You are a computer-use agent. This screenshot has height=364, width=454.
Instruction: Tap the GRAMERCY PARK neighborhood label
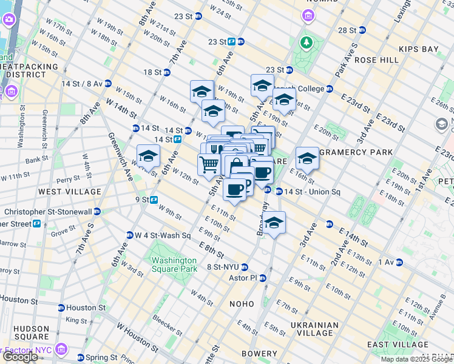pos(356,152)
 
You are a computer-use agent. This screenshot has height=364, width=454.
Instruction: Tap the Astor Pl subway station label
pos(249,278)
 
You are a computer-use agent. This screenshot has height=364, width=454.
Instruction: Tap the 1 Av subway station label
pos(386,262)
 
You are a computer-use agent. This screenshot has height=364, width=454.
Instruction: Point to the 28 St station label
pos(347,30)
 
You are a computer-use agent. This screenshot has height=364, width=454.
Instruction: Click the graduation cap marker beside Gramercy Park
pos(307,159)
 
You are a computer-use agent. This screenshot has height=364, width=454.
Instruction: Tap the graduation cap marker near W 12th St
pos(148,157)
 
